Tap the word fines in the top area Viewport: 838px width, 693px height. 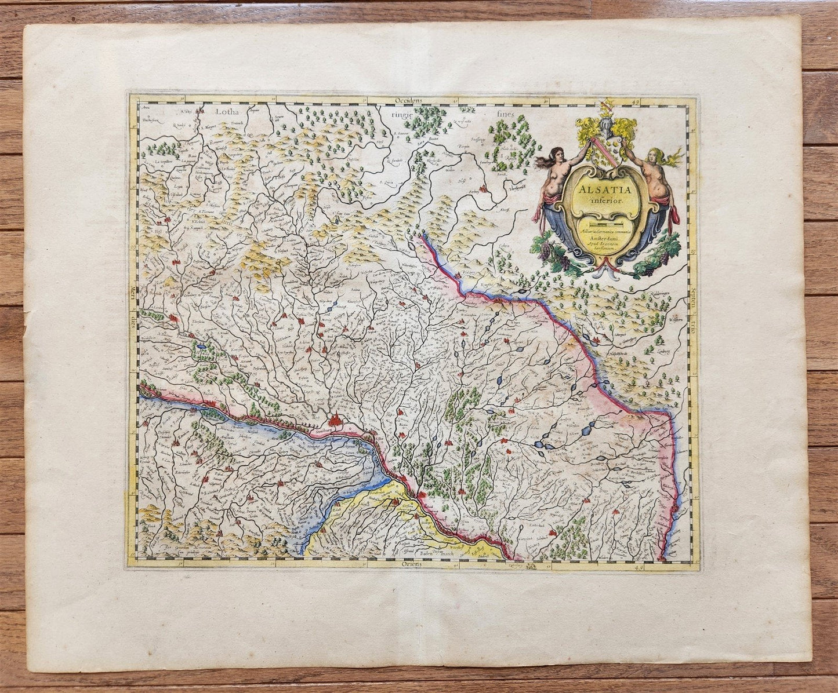pos(505,114)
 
